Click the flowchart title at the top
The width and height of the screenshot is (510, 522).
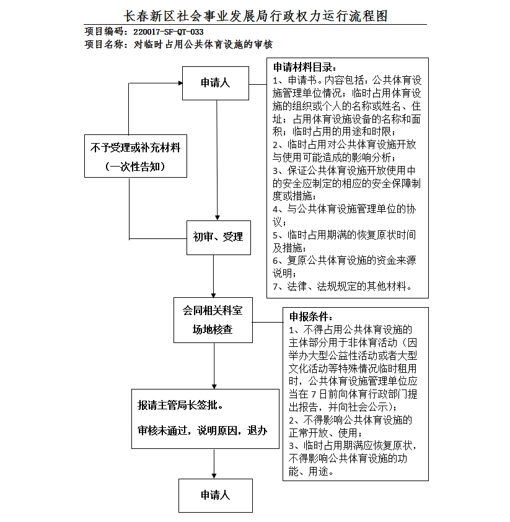[x=255, y=15]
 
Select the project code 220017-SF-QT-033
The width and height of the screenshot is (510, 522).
[x=169, y=32]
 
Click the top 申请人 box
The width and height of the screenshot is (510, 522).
[x=215, y=82]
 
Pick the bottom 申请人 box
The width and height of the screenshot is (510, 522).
[x=215, y=495]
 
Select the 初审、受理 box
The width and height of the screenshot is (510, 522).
[x=218, y=237]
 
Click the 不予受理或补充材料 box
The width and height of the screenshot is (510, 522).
[x=135, y=148]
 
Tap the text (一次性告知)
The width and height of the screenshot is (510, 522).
[x=135, y=167]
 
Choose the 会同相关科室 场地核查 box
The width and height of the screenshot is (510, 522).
[x=213, y=320]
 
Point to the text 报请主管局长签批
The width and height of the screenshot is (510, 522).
[x=180, y=406]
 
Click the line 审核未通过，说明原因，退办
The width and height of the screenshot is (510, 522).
[x=203, y=430]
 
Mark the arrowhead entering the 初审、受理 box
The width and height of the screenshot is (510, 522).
[x=217, y=216]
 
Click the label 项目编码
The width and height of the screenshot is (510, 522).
[x=104, y=32]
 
